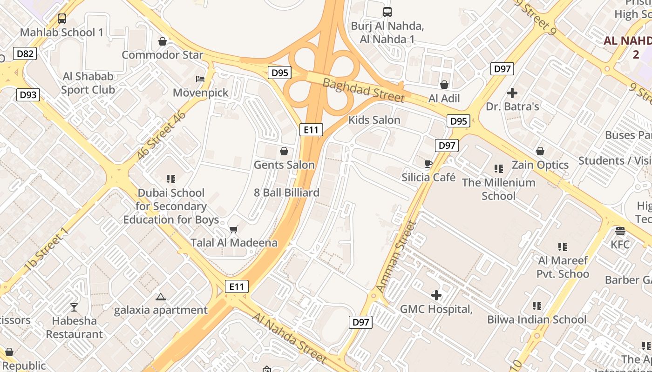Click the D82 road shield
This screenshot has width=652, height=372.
(25, 54)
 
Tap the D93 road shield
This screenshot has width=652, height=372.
(28, 95)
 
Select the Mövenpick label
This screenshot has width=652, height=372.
(201, 93)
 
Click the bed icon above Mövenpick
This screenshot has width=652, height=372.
(200, 79)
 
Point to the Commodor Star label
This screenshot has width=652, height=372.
(163, 55)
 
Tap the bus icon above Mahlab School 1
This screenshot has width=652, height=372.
(62, 19)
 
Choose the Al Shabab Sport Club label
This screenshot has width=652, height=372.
(88, 83)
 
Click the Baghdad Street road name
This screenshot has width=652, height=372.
(363, 90)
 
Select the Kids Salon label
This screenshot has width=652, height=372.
(374, 120)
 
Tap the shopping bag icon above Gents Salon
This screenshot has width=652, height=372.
(284, 151)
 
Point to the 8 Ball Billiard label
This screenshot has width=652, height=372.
(286, 193)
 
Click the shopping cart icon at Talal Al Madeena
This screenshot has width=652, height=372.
(234, 229)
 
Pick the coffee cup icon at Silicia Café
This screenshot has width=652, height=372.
(428, 164)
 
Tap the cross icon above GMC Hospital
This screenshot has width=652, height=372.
(436, 295)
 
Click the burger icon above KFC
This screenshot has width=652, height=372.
(620, 231)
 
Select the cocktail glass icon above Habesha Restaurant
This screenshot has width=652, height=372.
(74, 307)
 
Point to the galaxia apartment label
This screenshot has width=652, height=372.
(161, 310)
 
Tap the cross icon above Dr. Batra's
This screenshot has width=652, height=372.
(512, 93)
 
